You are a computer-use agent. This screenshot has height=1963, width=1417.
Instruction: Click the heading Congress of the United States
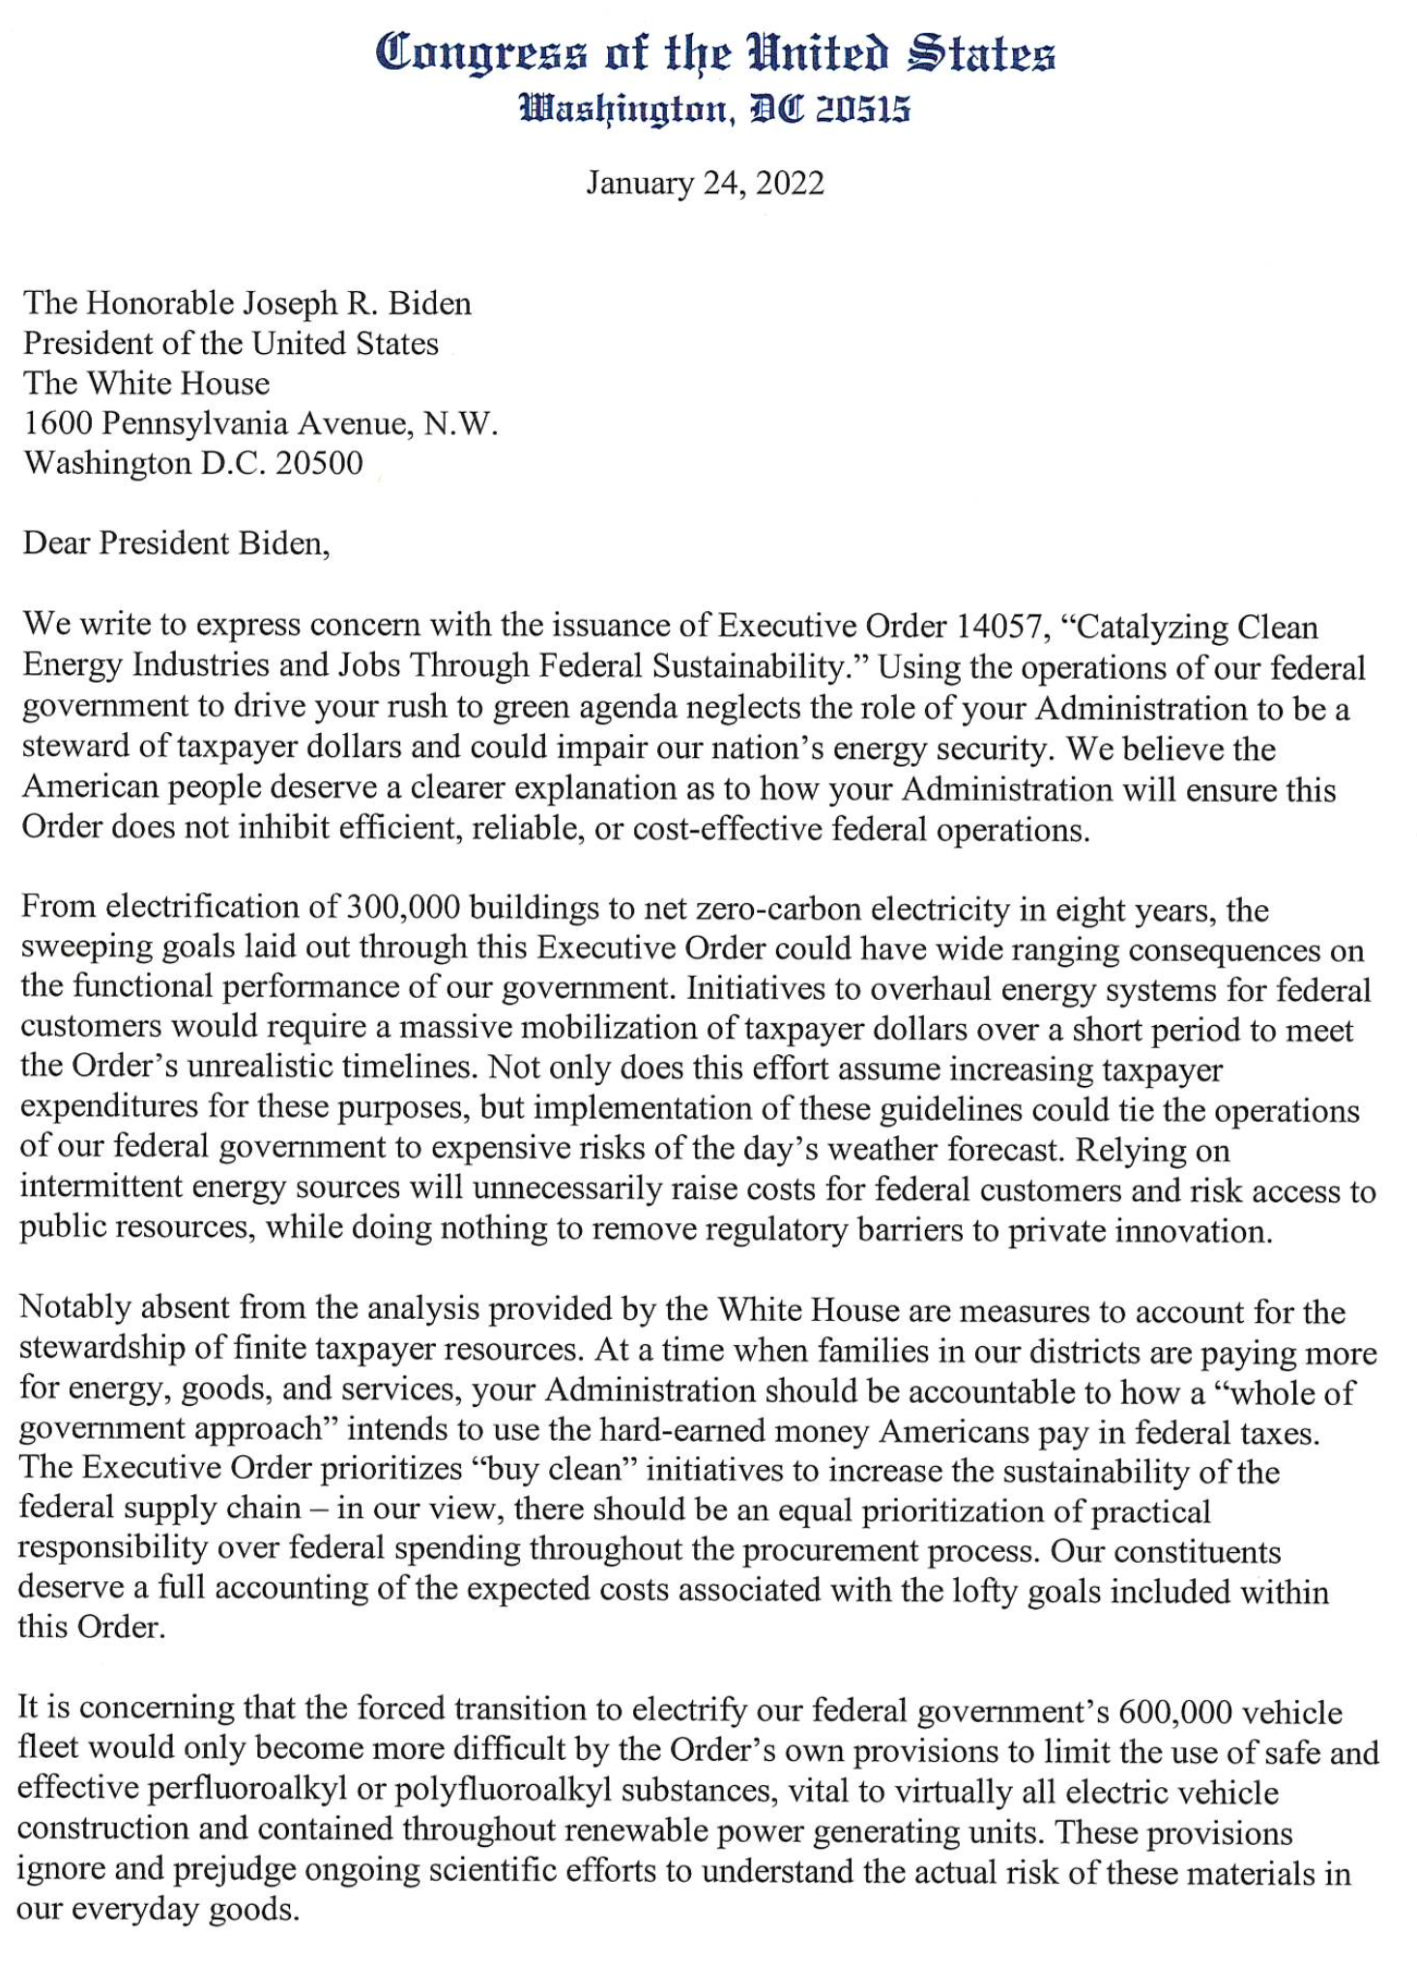[x=714, y=53]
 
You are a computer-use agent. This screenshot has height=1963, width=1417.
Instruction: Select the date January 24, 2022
[x=705, y=183]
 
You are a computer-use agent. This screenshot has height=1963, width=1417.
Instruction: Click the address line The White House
[x=146, y=383]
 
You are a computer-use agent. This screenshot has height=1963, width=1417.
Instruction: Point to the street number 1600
[x=59, y=424]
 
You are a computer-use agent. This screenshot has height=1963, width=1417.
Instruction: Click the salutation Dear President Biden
[x=176, y=543]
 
